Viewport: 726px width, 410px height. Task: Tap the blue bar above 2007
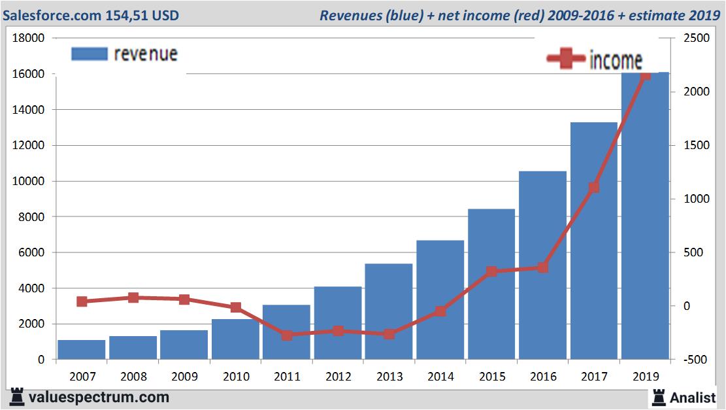[x=82, y=349]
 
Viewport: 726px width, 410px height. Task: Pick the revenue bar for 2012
[x=338, y=323]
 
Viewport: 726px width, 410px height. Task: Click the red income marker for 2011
[x=287, y=335]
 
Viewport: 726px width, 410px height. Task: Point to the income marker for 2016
[x=542, y=267]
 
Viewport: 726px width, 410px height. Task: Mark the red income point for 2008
[x=133, y=298]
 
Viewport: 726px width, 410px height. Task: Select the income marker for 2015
[x=491, y=271]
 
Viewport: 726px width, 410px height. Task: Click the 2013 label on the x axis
[x=389, y=377]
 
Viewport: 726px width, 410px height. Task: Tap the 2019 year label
[x=645, y=377]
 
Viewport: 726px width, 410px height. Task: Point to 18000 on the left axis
[x=29, y=39]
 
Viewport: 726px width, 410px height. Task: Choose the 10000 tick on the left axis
[x=29, y=181]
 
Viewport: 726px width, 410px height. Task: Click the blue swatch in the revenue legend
[x=89, y=54]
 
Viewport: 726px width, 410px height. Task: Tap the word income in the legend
[x=616, y=60]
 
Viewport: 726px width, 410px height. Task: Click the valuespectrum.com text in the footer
[x=98, y=397]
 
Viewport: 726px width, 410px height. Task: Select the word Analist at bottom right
[x=693, y=397]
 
